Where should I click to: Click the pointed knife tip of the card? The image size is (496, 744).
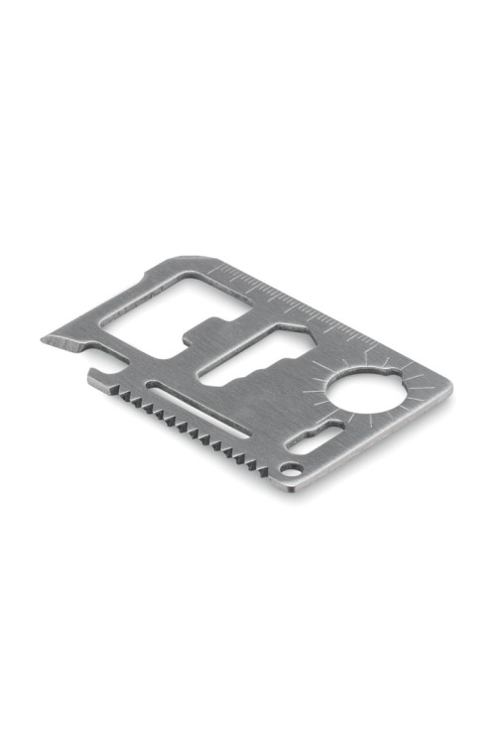[x=45, y=340]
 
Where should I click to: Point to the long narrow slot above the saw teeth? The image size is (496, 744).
[x=198, y=406]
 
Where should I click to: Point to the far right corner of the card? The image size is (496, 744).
[x=449, y=386]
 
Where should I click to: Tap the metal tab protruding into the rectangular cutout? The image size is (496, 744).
[x=209, y=326]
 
